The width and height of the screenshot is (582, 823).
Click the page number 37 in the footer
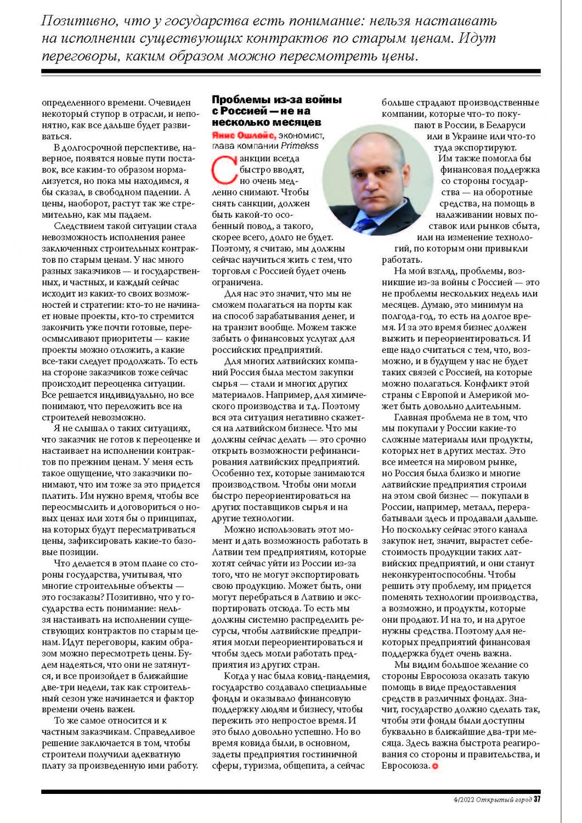point(537,799)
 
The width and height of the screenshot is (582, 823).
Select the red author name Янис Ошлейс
point(244,136)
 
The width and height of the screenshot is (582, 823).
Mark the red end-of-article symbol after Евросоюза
point(436,766)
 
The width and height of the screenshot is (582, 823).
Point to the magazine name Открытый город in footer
point(505,799)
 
